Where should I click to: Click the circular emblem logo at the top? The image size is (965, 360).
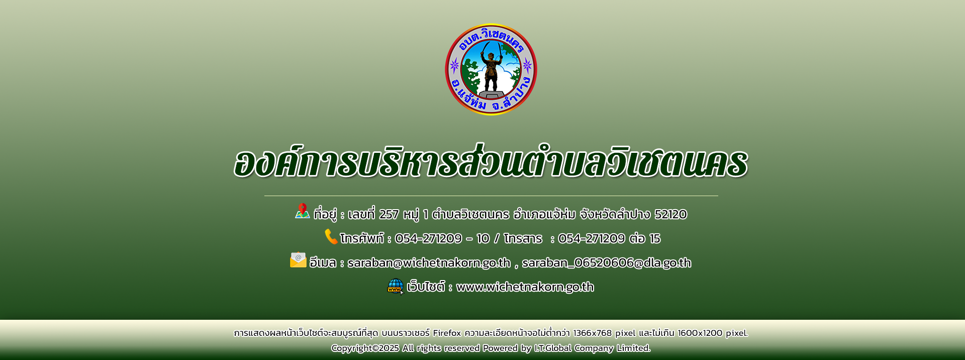click(491, 69)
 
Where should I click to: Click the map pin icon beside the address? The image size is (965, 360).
click(302, 211)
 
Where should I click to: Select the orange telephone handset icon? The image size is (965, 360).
click(331, 236)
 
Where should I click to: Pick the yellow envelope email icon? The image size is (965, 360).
click(298, 259)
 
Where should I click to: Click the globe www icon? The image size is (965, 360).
click(396, 286)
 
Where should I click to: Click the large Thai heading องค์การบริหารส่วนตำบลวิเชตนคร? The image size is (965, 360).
click(491, 162)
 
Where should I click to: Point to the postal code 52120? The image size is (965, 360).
click(670, 215)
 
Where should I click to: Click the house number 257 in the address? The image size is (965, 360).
click(389, 215)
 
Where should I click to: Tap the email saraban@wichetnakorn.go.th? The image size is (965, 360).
click(429, 263)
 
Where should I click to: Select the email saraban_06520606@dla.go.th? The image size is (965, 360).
click(607, 263)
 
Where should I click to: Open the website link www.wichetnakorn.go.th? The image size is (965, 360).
click(525, 287)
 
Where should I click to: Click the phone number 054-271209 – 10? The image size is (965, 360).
click(442, 239)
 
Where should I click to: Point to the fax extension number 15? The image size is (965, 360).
click(655, 239)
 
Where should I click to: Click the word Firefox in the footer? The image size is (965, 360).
click(447, 333)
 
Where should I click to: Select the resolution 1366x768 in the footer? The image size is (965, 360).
click(593, 333)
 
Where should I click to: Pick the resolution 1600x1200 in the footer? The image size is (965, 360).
click(700, 333)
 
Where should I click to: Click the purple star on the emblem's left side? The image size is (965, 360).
click(454, 66)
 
